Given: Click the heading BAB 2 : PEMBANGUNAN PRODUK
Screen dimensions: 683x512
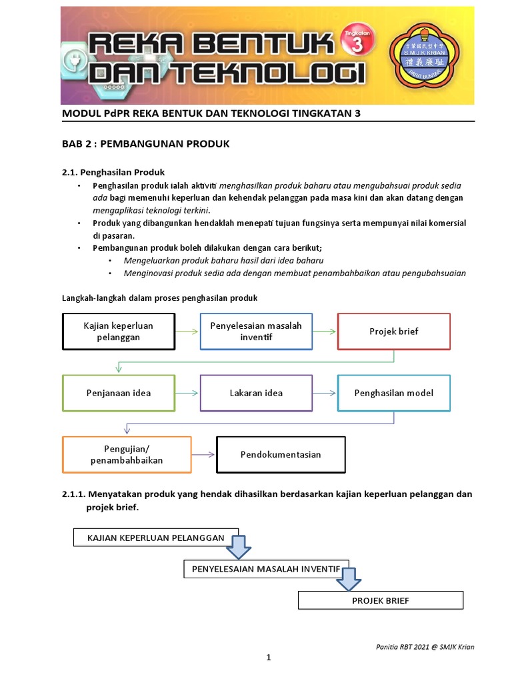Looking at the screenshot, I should (145, 143).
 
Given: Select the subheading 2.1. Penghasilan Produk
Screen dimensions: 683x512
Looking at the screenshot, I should (113, 172).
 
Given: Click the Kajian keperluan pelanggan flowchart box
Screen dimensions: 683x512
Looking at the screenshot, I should (119, 331).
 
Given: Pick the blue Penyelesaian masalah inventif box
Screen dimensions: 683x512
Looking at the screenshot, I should (256, 331).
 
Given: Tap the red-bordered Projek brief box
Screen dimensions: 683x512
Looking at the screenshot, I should (394, 331).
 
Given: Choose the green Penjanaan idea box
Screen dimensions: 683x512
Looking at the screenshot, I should (119, 393).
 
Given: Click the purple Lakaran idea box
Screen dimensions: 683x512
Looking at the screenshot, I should (256, 393).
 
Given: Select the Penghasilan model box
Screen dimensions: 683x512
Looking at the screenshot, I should (394, 393).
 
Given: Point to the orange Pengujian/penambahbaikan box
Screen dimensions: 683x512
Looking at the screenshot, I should (127, 454).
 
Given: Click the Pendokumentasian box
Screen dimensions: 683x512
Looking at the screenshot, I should (281, 454).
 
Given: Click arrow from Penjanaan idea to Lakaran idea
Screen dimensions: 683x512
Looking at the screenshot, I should (187, 393).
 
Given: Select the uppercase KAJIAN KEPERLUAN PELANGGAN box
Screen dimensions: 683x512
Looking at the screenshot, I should (155, 538).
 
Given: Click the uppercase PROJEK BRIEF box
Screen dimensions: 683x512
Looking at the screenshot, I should (380, 600).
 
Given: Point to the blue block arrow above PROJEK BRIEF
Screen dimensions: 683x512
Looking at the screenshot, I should (347, 579).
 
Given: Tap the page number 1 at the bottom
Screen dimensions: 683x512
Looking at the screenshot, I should (269, 658).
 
